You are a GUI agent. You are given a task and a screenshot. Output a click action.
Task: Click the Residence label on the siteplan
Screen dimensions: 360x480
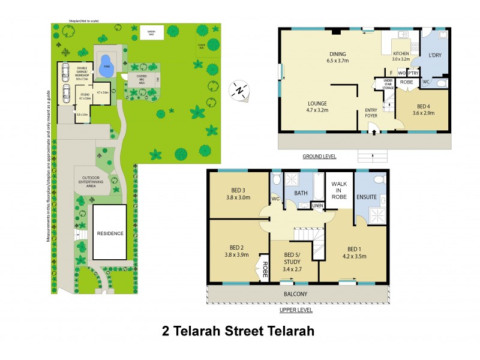point(110,233)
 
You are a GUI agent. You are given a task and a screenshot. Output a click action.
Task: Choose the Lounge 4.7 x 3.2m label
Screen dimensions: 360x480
point(318,107)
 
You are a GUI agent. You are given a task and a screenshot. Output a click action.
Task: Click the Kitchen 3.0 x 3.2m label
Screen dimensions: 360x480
point(400,56)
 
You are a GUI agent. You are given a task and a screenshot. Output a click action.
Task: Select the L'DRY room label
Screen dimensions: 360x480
point(434,55)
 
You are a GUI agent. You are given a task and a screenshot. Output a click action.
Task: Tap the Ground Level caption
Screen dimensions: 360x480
point(319,157)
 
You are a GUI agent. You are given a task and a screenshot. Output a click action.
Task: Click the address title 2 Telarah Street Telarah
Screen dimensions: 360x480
point(238,331)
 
